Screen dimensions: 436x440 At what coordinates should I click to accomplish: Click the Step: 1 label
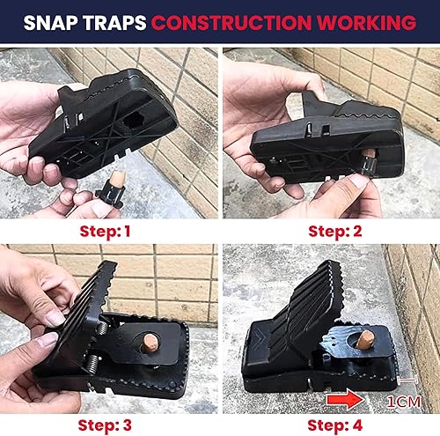click(x=109, y=232)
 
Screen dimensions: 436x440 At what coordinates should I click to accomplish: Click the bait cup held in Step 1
click(x=111, y=190)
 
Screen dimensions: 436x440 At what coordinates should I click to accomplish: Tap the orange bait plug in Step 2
click(x=370, y=158)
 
